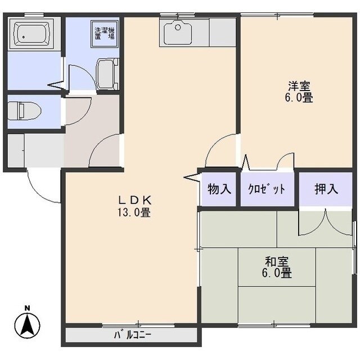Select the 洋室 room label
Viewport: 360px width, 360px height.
(300, 86)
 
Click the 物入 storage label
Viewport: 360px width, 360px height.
(219, 189)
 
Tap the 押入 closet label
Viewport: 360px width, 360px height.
(326, 189)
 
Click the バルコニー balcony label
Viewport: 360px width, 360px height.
(133, 336)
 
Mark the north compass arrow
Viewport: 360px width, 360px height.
(27, 325)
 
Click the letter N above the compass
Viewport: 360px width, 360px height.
(27, 308)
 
